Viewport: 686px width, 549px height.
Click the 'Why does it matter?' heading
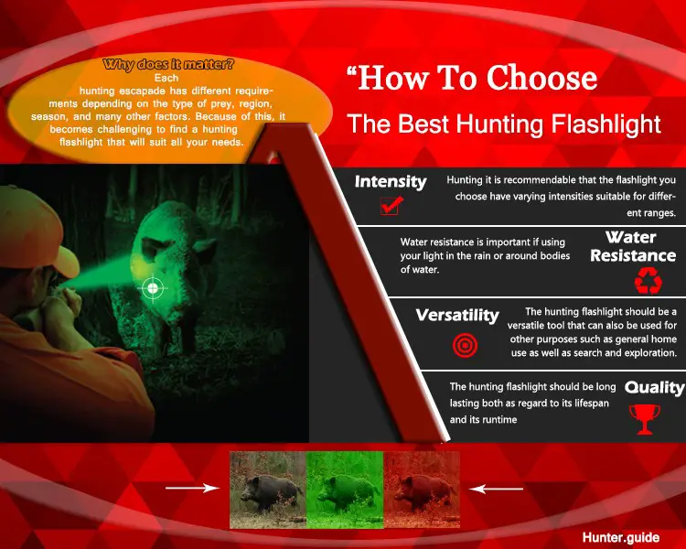pyautogui.click(x=168, y=65)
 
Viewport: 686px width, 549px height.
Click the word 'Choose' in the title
pyautogui.click(x=541, y=78)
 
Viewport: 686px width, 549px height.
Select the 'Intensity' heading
pyautogui.click(x=391, y=182)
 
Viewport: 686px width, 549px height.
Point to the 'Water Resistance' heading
pyautogui.click(x=633, y=246)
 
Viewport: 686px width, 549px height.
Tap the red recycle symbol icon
pyautogui.click(x=648, y=281)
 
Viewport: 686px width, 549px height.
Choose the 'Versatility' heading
pyautogui.click(x=457, y=315)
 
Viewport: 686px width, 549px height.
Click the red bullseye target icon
pyautogui.click(x=465, y=345)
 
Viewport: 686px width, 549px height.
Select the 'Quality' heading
pyautogui.click(x=654, y=387)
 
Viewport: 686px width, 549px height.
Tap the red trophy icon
pyautogui.click(x=645, y=419)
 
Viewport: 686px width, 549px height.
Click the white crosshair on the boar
pyautogui.click(x=152, y=288)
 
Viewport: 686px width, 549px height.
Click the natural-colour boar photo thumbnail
pyautogui.click(x=268, y=490)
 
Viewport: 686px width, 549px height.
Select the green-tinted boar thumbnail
pyautogui.click(x=345, y=490)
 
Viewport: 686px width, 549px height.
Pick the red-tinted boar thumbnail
pyautogui.click(x=422, y=490)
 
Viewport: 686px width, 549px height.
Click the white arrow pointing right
pyautogui.click(x=192, y=488)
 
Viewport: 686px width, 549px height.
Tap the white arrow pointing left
pyautogui.click(x=496, y=489)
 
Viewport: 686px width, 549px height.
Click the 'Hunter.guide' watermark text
pyautogui.click(x=620, y=537)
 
